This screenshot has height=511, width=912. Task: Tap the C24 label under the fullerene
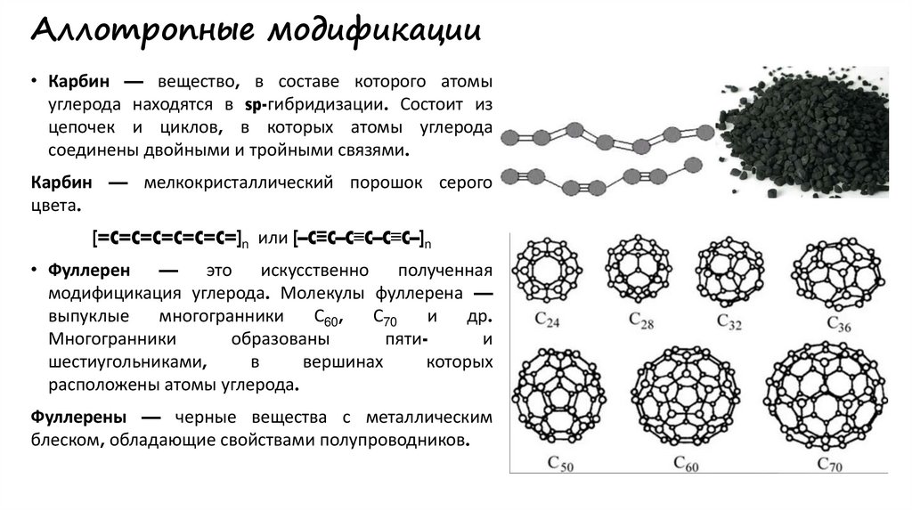click(x=545, y=319)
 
